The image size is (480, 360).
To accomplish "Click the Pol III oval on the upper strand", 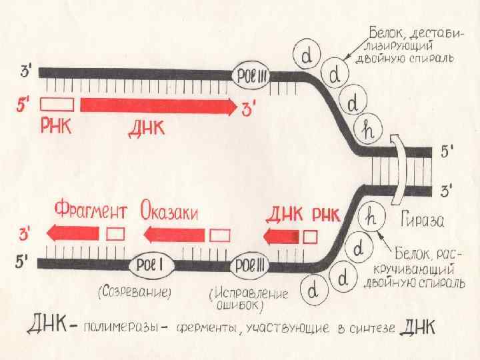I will pyautogui.click(x=250, y=75).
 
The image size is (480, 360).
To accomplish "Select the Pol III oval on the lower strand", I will pyautogui.click(x=251, y=265).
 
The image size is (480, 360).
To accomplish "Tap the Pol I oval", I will pyautogui.click(x=153, y=265).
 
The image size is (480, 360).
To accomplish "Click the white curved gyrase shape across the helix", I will pyautogui.click(x=399, y=170).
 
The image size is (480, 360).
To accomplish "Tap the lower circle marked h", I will pyautogui.click(x=371, y=217).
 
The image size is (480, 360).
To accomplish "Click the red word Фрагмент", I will pyautogui.click(x=89, y=212).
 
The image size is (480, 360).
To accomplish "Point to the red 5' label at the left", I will pyautogui.click(x=25, y=105).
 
